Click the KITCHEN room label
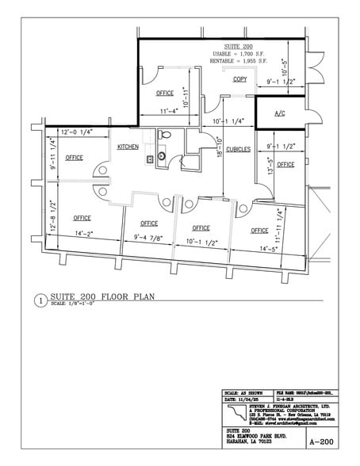click(128, 147)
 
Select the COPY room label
click(239, 79)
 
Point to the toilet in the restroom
click(163, 156)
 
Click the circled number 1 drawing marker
click(40, 300)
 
